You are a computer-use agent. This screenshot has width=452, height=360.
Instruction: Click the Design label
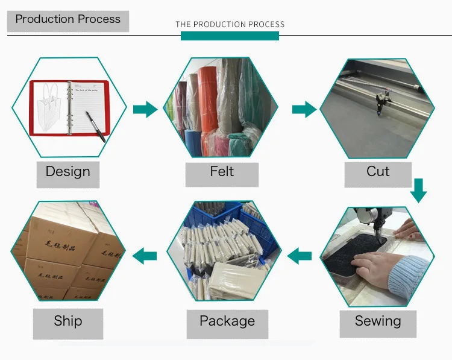[67, 172]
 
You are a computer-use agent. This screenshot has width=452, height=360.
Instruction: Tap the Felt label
[222, 172]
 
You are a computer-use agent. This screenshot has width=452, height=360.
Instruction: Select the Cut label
[378, 172]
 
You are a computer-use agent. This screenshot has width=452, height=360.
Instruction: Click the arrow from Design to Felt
[145, 109]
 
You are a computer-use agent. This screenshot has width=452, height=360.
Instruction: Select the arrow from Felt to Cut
[304, 109]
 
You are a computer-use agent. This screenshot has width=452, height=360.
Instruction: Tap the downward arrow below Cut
[418, 190]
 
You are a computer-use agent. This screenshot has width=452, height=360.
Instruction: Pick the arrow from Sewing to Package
[300, 257]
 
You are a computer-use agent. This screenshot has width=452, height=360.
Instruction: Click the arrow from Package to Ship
[145, 257]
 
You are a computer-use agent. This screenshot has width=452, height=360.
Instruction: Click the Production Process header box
[67, 19]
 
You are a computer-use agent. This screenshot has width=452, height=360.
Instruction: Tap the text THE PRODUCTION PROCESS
[230, 24]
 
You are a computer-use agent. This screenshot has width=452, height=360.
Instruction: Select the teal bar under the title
[230, 36]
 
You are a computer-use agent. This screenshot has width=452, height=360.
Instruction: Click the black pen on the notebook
[95, 125]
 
